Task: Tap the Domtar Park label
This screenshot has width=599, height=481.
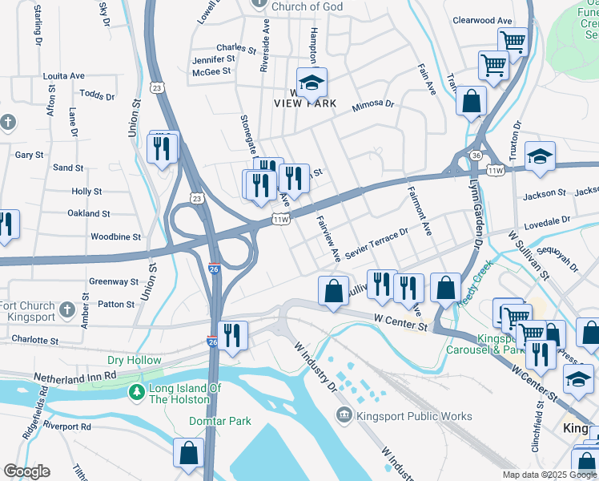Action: point(220,421)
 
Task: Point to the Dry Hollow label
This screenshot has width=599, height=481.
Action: point(134,361)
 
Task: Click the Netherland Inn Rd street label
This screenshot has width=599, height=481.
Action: point(75,374)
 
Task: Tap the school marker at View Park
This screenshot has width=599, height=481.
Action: point(312,82)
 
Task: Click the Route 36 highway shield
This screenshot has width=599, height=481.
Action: point(476,156)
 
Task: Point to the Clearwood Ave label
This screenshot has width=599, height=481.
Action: point(481,21)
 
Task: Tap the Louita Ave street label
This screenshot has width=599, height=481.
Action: point(64,76)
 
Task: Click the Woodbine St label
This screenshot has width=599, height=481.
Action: point(115,237)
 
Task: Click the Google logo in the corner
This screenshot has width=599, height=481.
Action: point(26,471)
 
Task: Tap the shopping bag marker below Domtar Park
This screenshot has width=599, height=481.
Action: point(188,453)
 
